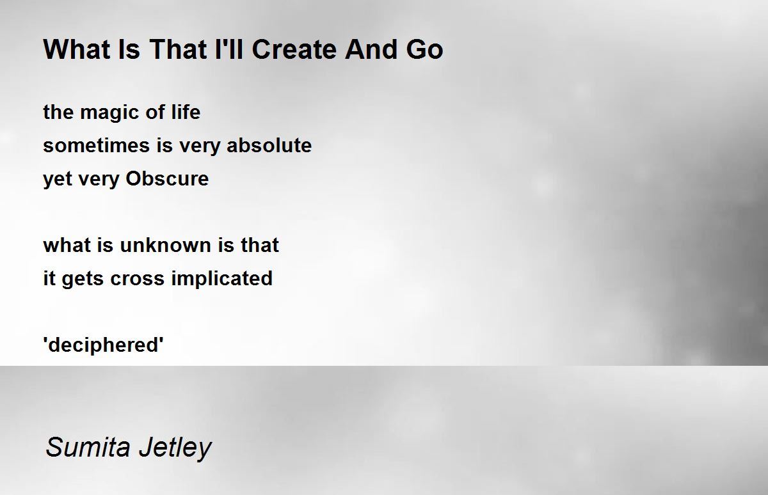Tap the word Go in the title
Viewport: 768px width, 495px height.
tap(425, 49)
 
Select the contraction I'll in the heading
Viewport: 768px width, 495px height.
tap(228, 49)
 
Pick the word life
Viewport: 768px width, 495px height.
tap(186, 112)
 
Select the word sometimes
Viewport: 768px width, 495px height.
tap(97, 145)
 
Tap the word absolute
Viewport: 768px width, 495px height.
tap(269, 145)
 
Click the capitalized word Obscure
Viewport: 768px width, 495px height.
tap(167, 178)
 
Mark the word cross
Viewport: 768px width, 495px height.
tap(137, 278)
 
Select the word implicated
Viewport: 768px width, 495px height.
tap(222, 278)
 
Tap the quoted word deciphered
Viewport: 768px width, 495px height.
tap(103, 345)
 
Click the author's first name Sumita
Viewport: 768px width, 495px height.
tap(88, 448)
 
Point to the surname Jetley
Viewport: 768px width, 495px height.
tap(175, 448)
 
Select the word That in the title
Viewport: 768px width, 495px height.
tap(179, 49)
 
